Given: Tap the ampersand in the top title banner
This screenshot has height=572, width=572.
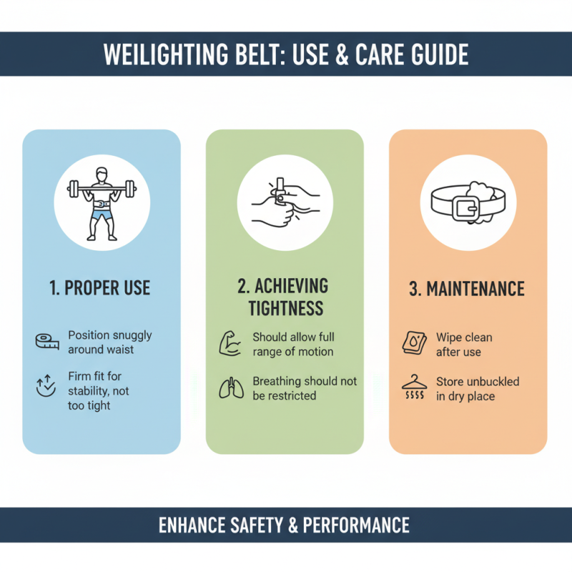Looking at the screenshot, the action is tap(342, 54).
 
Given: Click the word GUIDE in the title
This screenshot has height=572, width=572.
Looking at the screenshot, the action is tap(440, 54).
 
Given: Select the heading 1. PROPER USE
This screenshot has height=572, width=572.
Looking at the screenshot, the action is tap(99, 288).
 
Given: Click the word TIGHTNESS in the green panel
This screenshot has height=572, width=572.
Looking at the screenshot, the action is tap(285, 308).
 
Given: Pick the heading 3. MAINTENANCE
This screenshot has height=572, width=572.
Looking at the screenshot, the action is tap(467, 289).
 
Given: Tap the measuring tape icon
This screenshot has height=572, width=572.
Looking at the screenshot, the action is tap(47, 342).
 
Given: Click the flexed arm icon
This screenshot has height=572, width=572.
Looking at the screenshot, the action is tap(230, 343).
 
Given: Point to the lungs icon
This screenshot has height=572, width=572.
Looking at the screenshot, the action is tap(231, 388).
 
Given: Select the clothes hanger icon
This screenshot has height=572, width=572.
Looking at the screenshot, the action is tap(415, 387).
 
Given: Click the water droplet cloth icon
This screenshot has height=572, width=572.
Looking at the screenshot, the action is tap(415, 343).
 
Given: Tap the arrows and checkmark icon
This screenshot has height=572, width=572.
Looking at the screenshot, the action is tap(46, 385).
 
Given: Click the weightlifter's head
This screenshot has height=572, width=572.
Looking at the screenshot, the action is tap(102, 174).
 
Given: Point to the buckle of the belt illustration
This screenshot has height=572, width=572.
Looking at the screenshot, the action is tap(466, 209).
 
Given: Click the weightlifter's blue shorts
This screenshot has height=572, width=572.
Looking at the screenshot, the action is tap(102, 213).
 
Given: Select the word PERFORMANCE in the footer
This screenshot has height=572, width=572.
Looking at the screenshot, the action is tap(356, 526).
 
